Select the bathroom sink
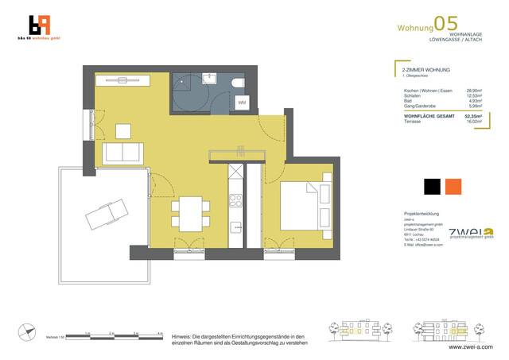pyautogui.click(x=211, y=78)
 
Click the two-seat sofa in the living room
pyautogui.click(x=123, y=152)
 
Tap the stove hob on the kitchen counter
pyautogui.click(x=235, y=198)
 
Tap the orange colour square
pyautogui.click(x=453, y=186)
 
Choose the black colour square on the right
pyautogui.click(x=432, y=186)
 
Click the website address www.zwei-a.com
pyautogui.click(x=471, y=347)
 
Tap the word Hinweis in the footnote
pyautogui.click(x=184, y=336)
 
